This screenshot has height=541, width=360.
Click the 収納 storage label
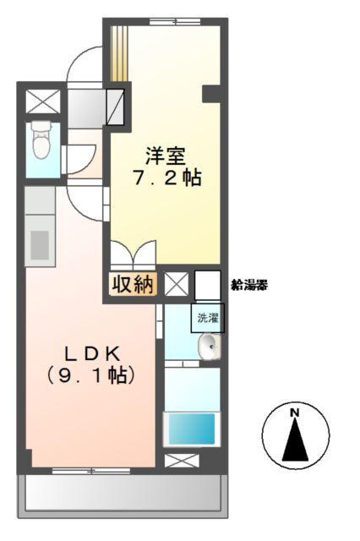[133, 284]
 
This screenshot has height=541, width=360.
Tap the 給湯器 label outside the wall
[249, 285]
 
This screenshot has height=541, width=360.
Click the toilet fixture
[39, 141]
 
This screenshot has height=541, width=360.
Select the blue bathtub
[191, 429]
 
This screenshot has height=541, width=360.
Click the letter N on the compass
[295, 413]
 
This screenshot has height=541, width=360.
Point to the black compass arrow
[295, 440]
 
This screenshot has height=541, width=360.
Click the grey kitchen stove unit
[40, 243]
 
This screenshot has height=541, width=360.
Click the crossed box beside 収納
[176, 283]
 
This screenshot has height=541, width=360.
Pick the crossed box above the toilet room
[40, 101]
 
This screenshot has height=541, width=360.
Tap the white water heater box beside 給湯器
[207, 282]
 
